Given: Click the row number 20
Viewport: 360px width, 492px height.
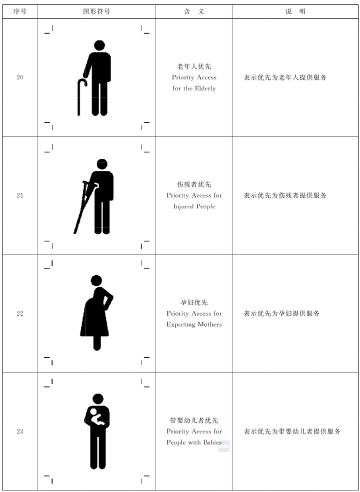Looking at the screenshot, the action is pyautogui.click(x=20, y=77).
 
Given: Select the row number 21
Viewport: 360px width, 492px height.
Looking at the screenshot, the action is pyautogui.click(x=20, y=195).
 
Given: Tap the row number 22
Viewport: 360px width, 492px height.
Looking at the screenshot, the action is pyautogui.click(x=20, y=314).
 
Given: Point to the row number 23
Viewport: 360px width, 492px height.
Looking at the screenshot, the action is pyautogui.click(x=20, y=432).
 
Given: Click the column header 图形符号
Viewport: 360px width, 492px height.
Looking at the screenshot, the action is pyautogui.click(x=96, y=11).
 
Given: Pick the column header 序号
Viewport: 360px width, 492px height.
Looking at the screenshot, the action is pyautogui.click(x=20, y=11).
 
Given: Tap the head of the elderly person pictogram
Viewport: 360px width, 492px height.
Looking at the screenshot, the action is pyautogui.click(x=99, y=45).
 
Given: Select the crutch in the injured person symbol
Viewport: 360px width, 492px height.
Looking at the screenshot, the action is pyautogui.click(x=82, y=207).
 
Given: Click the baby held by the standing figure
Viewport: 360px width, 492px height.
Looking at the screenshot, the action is pyautogui.click(x=96, y=418).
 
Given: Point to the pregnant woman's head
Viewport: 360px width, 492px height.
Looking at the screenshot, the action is pyautogui.click(x=96, y=280).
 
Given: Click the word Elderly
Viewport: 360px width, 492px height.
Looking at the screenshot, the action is pyautogui.click(x=204, y=88).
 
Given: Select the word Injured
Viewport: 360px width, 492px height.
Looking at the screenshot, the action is pyautogui.click(x=183, y=206).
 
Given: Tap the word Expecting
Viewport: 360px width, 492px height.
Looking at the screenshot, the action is pyautogui.click(x=180, y=325).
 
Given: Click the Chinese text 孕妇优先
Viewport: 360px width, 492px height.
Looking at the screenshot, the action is pyautogui.click(x=194, y=303).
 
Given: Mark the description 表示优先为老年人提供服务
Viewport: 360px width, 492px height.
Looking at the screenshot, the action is pyautogui.click(x=285, y=77).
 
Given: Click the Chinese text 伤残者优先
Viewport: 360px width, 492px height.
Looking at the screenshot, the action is pyautogui.click(x=194, y=184).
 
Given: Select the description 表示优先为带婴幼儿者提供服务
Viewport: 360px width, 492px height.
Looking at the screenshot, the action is pyautogui.click(x=292, y=432).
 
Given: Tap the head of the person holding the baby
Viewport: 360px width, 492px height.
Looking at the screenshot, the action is pyautogui.click(x=98, y=399).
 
